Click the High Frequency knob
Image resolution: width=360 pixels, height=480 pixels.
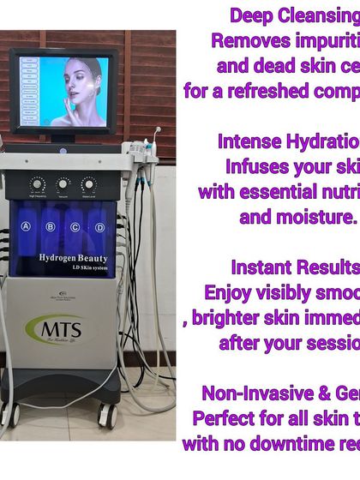click(x=37, y=184)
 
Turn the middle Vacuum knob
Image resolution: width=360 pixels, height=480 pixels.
click(x=63, y=184)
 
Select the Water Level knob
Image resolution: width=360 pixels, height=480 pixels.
click(x=89, y=184)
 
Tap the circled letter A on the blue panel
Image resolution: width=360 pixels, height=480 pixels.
click(x=26, y=227)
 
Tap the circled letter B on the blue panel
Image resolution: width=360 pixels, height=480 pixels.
click(x=51, y=227)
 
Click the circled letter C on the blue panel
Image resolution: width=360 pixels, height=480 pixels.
click(x=75, y=227)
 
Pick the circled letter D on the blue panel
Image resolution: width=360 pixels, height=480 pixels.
click(x=100, y=227)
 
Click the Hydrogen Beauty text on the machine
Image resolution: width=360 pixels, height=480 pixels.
click(x=63, y=258)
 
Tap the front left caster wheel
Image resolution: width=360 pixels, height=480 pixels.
click(x=11, y=416)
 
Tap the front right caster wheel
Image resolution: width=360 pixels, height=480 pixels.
click(x=109, y=417)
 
